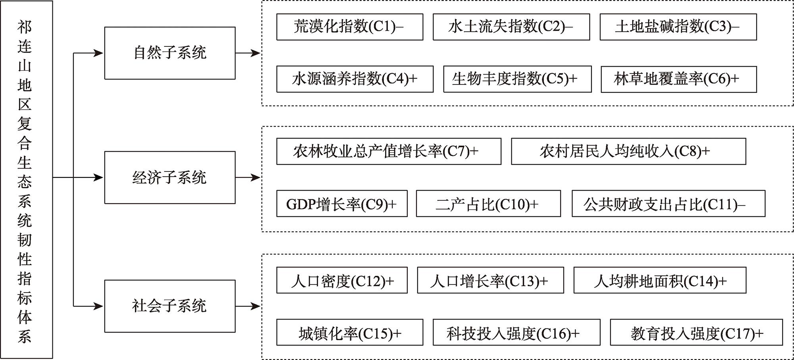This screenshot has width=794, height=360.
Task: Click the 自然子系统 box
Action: click(x=170, y=53)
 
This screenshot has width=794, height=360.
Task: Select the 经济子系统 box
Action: click(x=170, y=177)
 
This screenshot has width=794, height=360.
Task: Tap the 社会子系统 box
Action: click(x=170, y=306)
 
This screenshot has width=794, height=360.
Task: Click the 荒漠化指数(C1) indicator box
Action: click(x=350, y=27)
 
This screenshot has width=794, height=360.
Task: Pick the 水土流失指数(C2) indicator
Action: click(x=511, y=27)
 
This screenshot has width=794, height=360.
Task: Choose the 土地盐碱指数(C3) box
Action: click(x=678, y=27)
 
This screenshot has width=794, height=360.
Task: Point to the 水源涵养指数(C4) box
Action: click(x=355, y=79)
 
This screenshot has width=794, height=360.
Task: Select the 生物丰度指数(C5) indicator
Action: click(x=517, y=79)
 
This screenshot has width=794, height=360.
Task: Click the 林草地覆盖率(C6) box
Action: click(x=679, y=79)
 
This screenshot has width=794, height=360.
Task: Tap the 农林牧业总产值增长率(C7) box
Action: click(x=389, y=151)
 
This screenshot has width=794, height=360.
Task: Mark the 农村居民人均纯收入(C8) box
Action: click(x=628, y=151)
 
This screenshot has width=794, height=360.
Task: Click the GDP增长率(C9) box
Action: click(x=342, y=204)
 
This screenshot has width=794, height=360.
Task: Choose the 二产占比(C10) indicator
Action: click(x=488, y=204)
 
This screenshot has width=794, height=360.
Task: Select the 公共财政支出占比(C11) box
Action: click(x=669, y=204)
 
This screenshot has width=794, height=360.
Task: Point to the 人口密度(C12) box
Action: click(x=342, y=280)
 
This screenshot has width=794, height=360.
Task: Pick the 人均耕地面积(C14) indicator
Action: click(x=660, y=280)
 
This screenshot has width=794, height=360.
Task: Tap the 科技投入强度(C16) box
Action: click(x=516, y=332)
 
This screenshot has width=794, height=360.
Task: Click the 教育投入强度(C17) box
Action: click(x=696, y=332)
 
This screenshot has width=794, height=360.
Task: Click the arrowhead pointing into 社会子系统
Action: click(x=98, y=306)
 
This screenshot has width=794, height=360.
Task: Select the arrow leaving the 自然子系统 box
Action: click(x=248, y=53)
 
